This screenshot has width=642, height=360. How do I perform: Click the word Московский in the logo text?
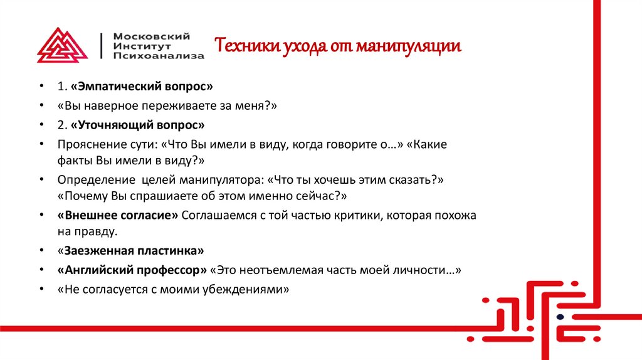[x=151, y=36]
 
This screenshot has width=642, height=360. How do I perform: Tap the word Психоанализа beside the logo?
[x=159, y=56]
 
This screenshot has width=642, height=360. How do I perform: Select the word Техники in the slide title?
[x=241, y=46]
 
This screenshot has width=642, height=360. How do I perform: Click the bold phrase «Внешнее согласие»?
[x=118, y=215]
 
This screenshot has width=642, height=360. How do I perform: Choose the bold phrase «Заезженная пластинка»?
[x=130, y=251]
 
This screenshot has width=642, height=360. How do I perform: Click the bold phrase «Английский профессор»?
[x=132, y=271]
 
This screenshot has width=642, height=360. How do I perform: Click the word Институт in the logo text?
[x=142, y=46]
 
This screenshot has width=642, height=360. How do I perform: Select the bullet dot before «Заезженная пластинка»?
[x=41, y=251]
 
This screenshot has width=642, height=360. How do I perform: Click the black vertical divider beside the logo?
[x=102, y=46]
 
